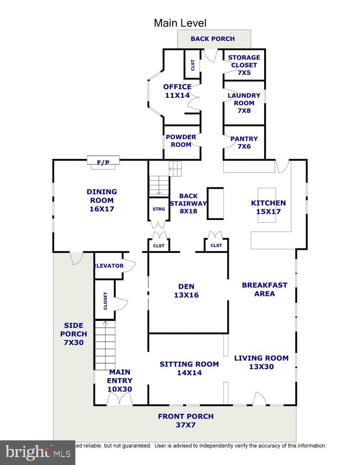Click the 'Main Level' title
(x=180, y=23)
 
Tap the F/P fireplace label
(x=103, y=162)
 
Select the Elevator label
(x=108, y=266)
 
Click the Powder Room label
(x=181, y=141)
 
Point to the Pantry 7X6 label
(x=244, y=142)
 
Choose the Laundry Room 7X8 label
(x=244, y=103)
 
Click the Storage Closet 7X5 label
(x=244, y=65)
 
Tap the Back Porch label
(x=213, y=39)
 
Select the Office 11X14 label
(x=177, y=91)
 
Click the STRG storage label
(x=159, y=209)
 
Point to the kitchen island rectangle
(x=267, y=205)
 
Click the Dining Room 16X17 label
(x=101, y=200)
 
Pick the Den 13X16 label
(x=186, y=291)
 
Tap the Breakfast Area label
(x=264, y=289)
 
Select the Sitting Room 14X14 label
(x=189, y=368)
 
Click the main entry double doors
(x=120, y=399)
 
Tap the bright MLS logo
(x=37, y=452)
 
